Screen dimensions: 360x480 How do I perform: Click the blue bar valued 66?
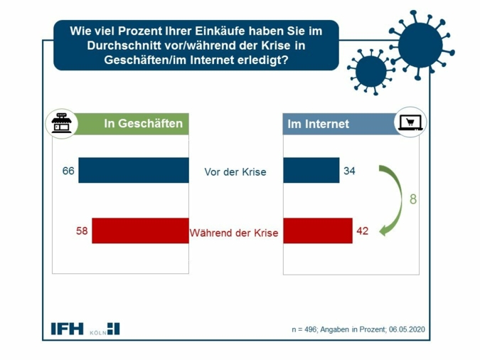tap(133, 171)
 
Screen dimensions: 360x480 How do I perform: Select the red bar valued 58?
tap(140, 231)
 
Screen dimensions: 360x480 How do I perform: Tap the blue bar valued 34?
tap(311, 171)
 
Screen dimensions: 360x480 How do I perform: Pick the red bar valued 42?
tap(317, 231)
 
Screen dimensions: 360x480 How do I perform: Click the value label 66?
tap(68, 171)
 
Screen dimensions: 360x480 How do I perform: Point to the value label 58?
tap(82, 231)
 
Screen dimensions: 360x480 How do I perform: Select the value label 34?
tap(348, 171)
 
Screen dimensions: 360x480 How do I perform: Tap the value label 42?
tap(362, 231)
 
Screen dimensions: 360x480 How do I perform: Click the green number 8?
tap(413, 200)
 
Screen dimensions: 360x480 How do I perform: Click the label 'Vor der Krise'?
tap(235, 172)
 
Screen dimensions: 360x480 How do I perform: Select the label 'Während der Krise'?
tap(234, 233)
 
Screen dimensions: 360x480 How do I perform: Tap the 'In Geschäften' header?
tap(143, 124)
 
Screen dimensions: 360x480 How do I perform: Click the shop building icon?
tap(62, 124)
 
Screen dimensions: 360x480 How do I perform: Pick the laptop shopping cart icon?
tap(410, 123)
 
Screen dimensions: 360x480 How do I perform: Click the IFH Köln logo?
tap(85, 329)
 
